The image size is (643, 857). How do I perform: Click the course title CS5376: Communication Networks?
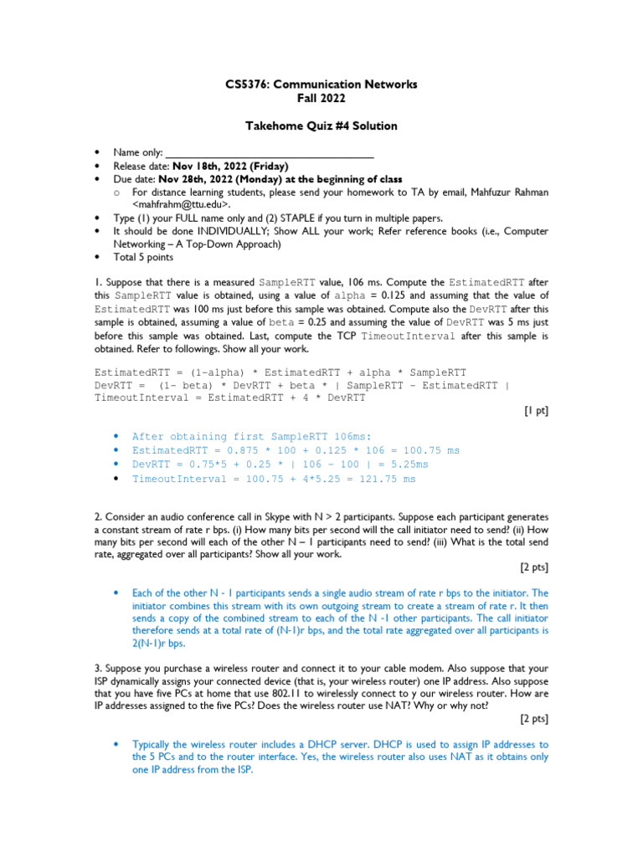tap(321, 85)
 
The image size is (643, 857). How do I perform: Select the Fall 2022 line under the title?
tap(321, 98)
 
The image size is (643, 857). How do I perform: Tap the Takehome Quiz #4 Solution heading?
tap(321, 126)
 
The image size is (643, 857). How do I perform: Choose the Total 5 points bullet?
tap(144, 257)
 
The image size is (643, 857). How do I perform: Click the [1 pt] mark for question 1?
tap(536, 411)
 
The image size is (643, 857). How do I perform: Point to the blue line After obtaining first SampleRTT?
tap(251, 436)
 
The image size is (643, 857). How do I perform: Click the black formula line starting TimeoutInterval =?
tap(230, 398)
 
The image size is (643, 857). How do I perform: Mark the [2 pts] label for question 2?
tap(534, 567)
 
